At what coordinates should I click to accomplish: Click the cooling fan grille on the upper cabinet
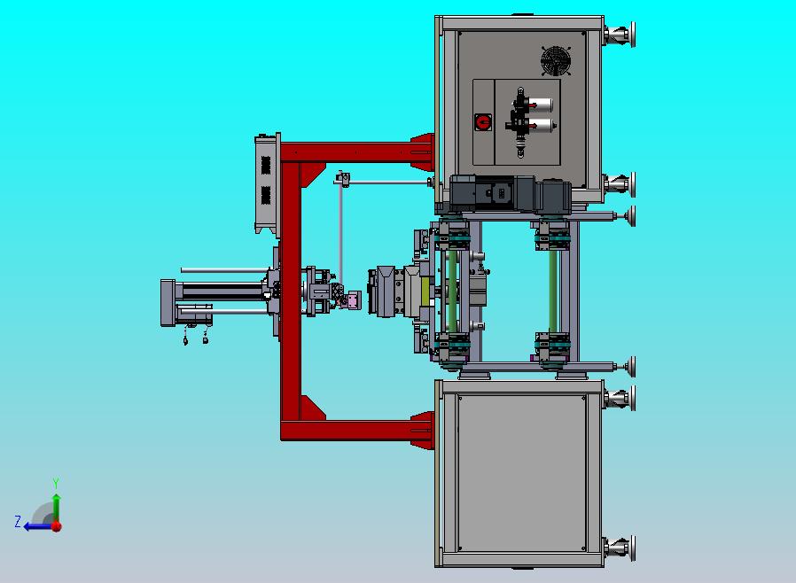tap(556, 61)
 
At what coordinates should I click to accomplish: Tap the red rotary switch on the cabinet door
tap(483, 122)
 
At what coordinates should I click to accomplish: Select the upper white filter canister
tap(542, 105)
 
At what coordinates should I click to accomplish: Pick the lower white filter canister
tap(542, 125)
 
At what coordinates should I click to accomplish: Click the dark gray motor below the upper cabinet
tap(510, 193)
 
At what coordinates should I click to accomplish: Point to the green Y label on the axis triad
tap(56, 482)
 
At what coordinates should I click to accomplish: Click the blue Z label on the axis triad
tap(18, 522)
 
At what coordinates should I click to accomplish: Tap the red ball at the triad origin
tap(57, 526)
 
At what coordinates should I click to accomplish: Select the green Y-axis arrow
tap(57, 508)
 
